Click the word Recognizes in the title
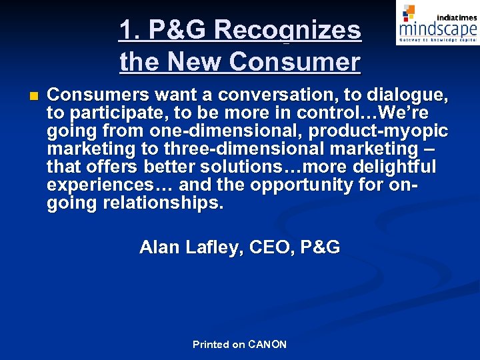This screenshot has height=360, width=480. point(288,30)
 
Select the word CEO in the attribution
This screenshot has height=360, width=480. point(272,248)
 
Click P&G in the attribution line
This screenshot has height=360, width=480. point(320,248)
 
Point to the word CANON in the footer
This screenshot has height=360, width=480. point(267,345)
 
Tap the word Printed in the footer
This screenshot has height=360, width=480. point(210,345)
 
